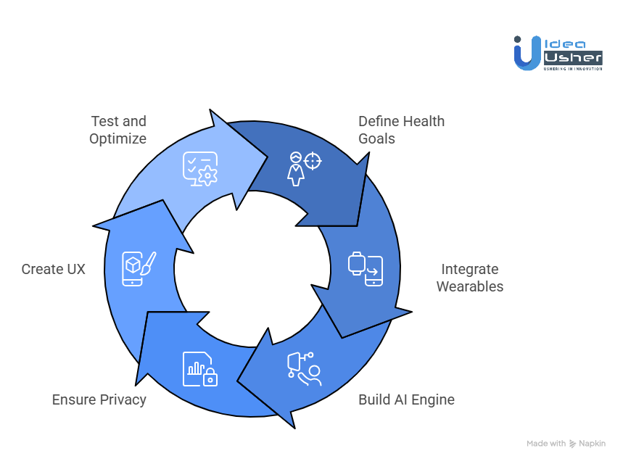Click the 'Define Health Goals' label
[401, 129]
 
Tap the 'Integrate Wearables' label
[469, 278]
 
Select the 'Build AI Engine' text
[406, 399]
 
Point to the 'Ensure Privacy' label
[99, 399]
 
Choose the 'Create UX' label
[53, 269]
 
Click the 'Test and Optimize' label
[117, 129]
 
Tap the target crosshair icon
[313, 160]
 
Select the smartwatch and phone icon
[365, 269]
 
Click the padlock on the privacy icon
[210, 378]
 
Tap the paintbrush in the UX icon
[147, 263]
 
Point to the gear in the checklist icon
[207, 174]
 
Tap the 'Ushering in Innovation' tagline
[573, 68]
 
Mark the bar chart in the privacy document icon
[195, 368]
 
